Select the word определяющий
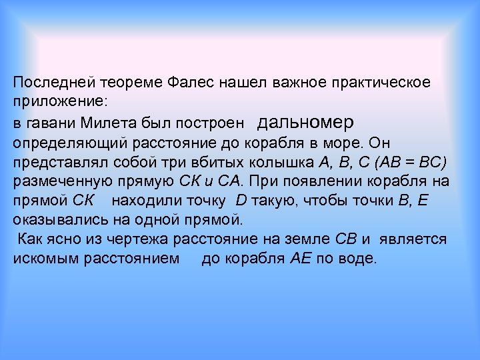(65, 143)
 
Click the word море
(387, 143)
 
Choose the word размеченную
(60, 182)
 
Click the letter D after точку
(241, 201)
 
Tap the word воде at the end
(361, 258)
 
